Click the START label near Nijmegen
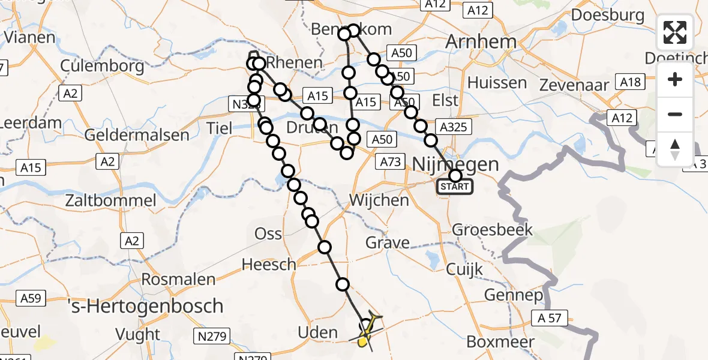click(455, 187)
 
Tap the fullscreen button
click(675, 32)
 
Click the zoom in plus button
click(675, 79)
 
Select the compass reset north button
click(675, 149)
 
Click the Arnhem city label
click(481, 42)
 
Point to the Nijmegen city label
click(456, 163)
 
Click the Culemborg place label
click(103, 65)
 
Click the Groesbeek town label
click(493, 229)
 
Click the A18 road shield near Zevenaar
click(631, 83)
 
